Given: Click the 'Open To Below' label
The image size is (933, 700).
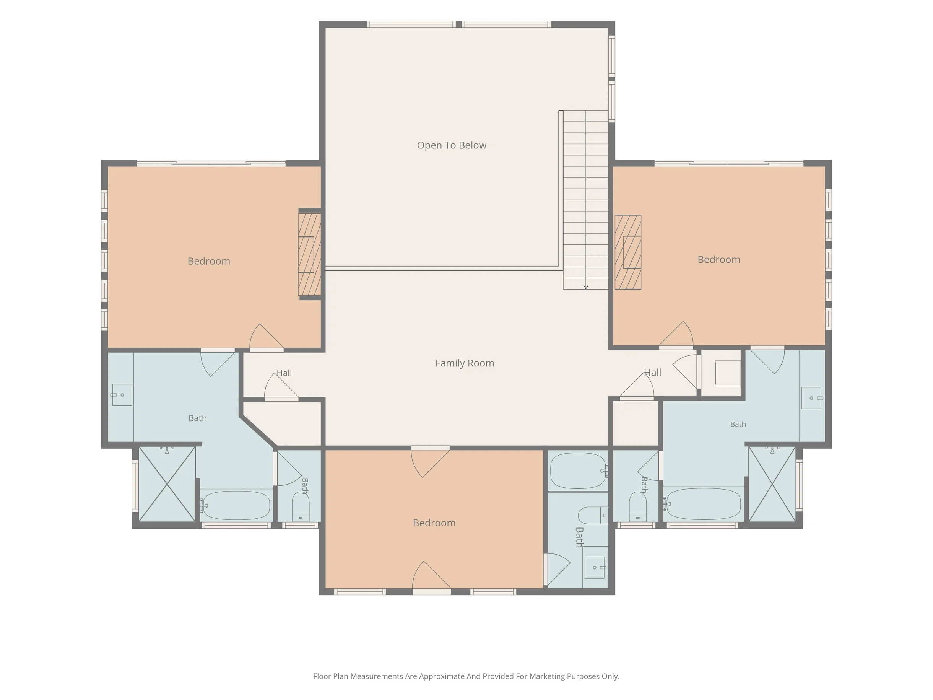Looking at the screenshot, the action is pyautogui.click(x=451, y=145).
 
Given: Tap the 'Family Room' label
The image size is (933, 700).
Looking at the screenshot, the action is pyautogui.click(x=464, y=363).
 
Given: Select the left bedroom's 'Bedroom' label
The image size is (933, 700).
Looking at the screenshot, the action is pyautogui.click(x=209, y=261).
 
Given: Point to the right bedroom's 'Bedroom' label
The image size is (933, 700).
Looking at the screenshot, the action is pyautogui.click(x=719, y=259).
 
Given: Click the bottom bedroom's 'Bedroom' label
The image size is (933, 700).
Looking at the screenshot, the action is pyautogui.click(x=434, y=523).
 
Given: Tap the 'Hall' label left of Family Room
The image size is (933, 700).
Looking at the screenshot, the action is pyautogui.click(x=284, y=373).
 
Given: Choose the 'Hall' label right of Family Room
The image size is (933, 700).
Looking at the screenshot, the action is pyautogui.click(x=652, y=373).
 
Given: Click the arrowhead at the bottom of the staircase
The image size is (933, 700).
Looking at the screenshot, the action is pyautogui.click(x=585, y=287).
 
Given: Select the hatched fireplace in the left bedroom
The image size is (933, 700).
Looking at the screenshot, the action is pyautogui.click(x=310, y=254).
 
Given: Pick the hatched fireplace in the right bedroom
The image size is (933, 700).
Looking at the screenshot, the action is pyautogui.click(x=627, y=252).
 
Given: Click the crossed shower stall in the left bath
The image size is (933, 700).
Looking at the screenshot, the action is pyautogui.click(x=167, y=484).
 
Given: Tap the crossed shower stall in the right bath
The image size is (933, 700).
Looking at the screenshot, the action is pyautogui.click(x=772, y=484).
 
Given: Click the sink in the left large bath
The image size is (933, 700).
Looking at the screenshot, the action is pyautogui.click(x=122, y=395).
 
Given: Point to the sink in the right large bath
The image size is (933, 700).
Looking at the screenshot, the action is pyautogui.click(x=812, y=398).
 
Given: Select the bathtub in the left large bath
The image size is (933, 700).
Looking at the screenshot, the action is pyautogui.click(x=235, y=505).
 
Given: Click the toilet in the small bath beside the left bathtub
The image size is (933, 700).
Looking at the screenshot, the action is pyautogui.click(x=300, y=506).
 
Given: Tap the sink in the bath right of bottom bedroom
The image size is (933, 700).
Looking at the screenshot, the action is pyautogui.click(x=595, y=568).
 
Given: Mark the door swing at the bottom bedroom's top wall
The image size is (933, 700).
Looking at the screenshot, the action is pyautogui.click(x=430, y=463).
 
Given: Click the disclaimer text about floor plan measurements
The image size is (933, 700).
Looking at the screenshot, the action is pyautogui.click(x=466, y=676).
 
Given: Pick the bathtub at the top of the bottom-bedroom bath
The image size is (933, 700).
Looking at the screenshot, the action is pyautogui.click(x=579, y=471).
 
